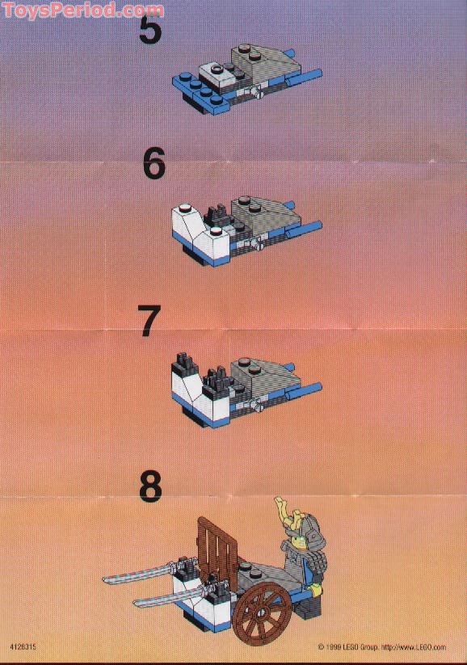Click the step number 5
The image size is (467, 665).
point(150,30)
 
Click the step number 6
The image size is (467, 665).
point(154,164)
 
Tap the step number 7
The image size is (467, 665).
point(149,321)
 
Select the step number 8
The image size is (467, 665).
point(150,486)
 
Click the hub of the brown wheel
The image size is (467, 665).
point(263,611)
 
